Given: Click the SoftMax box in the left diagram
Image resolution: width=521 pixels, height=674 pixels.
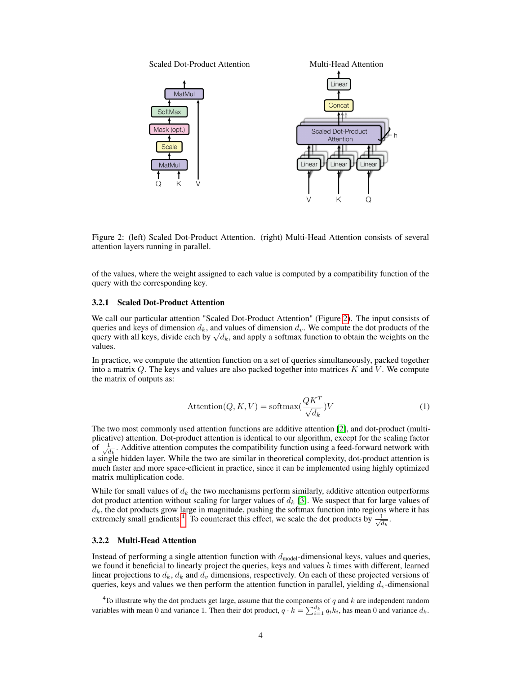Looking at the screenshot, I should pos(169,112).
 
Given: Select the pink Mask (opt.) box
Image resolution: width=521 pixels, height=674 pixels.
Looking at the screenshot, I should pos(169,129).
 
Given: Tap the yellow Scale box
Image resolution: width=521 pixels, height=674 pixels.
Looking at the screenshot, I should pos(169,147).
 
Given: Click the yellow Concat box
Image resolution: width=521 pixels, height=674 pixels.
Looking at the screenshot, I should pos(339,105).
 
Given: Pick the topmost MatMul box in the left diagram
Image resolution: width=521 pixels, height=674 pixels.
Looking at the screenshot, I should pos(184,94).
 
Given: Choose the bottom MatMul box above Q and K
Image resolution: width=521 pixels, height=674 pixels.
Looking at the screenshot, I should pos(169,165).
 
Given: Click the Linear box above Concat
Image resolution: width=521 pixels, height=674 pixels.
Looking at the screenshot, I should pos(339,84).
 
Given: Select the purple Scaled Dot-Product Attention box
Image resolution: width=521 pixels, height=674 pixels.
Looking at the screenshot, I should pos(339,135).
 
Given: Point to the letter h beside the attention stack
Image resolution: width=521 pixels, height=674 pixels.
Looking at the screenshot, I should pos(395,136).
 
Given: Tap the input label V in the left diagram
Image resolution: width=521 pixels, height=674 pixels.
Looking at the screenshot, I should pos(198,184).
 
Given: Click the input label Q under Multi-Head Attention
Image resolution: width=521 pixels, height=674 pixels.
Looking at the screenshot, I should pos(368,199).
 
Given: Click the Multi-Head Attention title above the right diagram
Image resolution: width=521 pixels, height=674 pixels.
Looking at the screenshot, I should pos(346,64).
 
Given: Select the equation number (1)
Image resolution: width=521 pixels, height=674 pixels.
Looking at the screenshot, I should pos(424,406).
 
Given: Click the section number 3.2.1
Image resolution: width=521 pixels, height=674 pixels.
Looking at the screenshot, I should pos(100,302).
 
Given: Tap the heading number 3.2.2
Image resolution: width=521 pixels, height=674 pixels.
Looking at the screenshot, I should pos(100,540).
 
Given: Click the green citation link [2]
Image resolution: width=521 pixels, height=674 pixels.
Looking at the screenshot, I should pos(342,429).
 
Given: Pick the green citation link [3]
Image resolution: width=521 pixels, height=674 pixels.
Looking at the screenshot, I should pos(302,501).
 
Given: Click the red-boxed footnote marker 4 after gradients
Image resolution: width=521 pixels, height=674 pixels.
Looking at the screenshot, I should pos(183,519).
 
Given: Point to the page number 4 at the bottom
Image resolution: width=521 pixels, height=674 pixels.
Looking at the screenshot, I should pos(260,635).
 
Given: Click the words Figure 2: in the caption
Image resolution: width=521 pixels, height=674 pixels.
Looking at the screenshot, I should pos(107,237).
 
